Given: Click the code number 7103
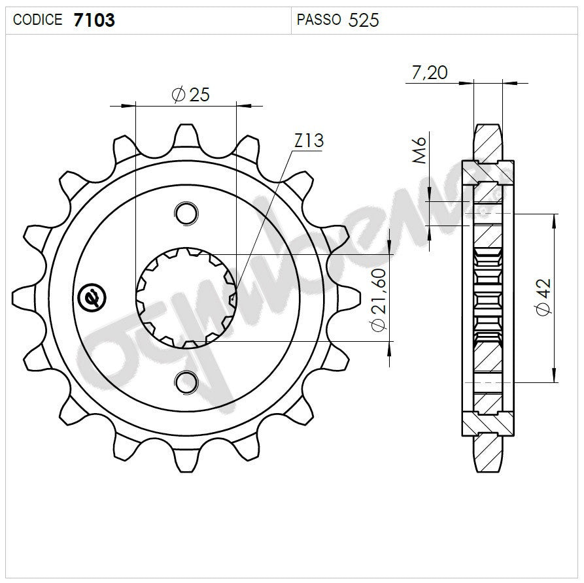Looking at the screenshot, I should pos(95,20).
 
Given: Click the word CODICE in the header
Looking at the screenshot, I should pos(37,20).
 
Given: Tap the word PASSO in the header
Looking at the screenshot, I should pos(318,20).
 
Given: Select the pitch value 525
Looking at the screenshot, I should pos(364,20).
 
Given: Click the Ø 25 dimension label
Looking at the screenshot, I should pos(190,95).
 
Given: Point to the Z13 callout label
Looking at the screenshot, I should pos(309,141).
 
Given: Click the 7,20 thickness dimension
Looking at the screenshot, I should pos(429,73).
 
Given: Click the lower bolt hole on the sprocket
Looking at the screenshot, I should pos(186,382).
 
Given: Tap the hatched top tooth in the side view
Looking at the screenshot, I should pos(488,141).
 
